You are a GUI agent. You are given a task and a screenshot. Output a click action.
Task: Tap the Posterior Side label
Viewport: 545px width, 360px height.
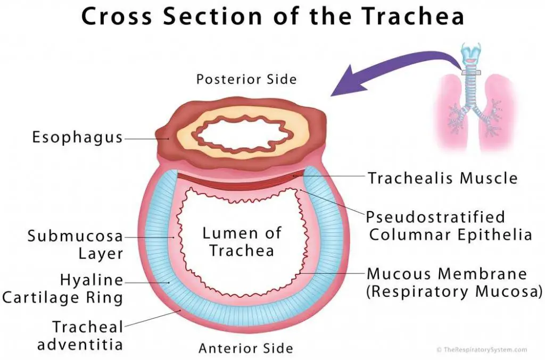pyautogui.click(x=246, y=80)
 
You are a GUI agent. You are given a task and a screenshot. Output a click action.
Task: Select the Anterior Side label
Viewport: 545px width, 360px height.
pyautogui.click(x=246, y=348)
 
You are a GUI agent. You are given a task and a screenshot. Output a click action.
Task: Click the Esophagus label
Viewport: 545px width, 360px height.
pyautogui.click(x=77, y=138)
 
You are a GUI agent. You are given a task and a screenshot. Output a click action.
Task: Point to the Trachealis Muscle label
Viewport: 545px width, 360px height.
pyautogui.click(x=442, y=178)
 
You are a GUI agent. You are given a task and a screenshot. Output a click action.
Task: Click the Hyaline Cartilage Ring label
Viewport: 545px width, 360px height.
pyautogui.click(x=62, y=288)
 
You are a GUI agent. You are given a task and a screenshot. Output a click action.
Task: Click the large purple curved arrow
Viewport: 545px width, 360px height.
pyautogui.click(x=394, y=72)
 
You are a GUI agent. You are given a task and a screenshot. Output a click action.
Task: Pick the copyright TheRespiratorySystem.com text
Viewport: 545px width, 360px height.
pyautogui.click(x=481, y=350)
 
